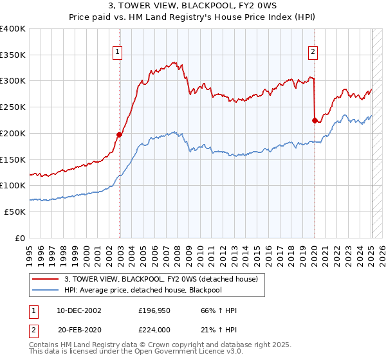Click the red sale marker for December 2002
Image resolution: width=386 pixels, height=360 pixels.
[x=119, y=134]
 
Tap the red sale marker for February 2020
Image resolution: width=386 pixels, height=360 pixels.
[x=314, y=120]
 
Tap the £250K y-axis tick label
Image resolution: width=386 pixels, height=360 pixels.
[x=14, y=107]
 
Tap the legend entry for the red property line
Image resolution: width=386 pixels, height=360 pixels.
[x=161, y=279]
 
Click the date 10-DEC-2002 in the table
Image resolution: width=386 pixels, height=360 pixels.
[x=79, y=310]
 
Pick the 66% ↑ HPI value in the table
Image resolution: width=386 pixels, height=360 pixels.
[x=219, y=310]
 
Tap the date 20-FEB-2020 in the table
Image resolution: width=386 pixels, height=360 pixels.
[x=79, y=330]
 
